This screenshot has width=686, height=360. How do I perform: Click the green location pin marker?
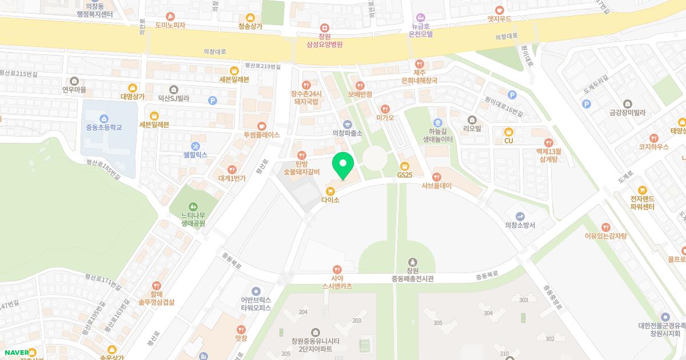[x=343, y=165]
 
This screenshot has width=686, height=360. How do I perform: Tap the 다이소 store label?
[x=330, y=199]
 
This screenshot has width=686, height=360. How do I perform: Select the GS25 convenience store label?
[x=405, y=174]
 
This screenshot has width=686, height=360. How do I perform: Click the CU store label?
[x=508, y=140]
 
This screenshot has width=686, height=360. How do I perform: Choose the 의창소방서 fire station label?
[x=520, y=225]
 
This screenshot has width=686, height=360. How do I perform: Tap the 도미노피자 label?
[x=170, y=25]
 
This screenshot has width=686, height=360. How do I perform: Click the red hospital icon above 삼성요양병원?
[x=324, y=27]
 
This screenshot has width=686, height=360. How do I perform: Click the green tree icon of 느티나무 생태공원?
[x=193, y=206]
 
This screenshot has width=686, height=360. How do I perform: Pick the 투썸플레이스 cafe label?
[x=261, y=135]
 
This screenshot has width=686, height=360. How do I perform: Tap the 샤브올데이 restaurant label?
[x=437, y=185]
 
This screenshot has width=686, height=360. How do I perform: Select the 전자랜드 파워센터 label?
[x=642, y=202]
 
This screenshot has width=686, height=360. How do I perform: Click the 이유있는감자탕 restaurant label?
[x=605, y=235]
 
